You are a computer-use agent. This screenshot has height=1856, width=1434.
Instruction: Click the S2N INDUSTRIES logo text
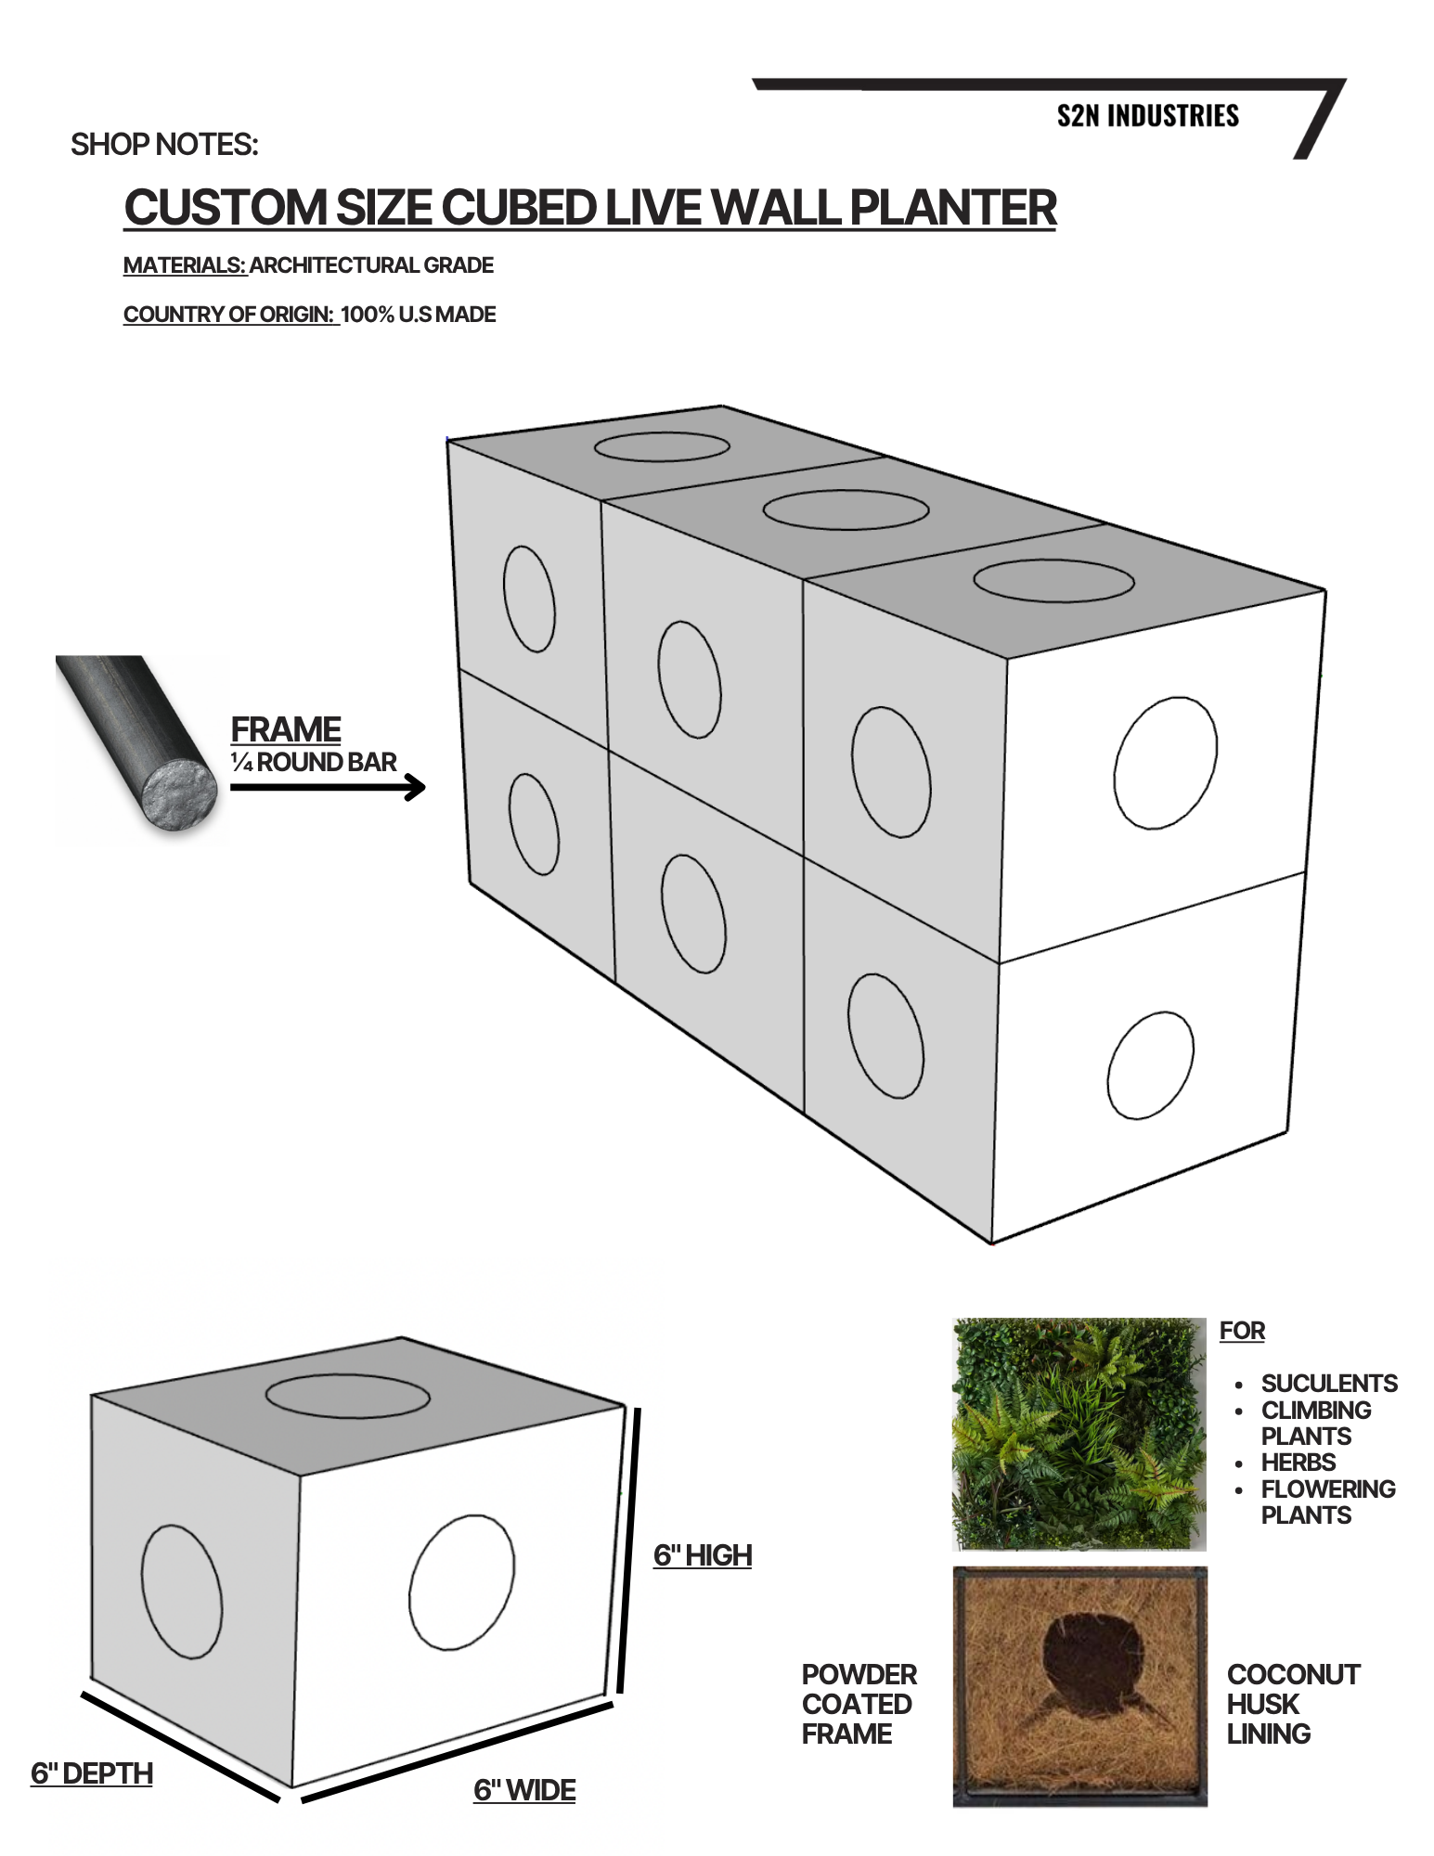pos(1148,116)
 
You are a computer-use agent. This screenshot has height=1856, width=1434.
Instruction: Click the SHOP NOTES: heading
pos(164,145)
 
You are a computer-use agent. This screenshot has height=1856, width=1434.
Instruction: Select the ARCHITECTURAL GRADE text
pos(371,265)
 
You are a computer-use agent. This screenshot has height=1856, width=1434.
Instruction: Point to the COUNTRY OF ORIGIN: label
pos(229,315)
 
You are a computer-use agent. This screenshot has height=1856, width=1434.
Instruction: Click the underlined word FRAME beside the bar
pos(286,729)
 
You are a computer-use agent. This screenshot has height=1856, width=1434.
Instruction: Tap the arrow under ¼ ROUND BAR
pos(328,788)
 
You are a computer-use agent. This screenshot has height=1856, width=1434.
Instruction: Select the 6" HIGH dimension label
pos(703,1555)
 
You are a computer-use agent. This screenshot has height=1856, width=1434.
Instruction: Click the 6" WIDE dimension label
pos(524,1790)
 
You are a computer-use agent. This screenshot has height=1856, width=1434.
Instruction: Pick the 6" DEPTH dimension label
pos(92,1773)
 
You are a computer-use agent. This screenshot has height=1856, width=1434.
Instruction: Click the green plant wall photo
pos(1079,1434)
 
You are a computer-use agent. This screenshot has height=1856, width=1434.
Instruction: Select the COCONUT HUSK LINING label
pos(1294,1704)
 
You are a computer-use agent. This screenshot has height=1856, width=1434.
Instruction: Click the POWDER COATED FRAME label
pos(859,1704)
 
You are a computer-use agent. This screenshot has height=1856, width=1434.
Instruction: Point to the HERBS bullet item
pos(1298,1463)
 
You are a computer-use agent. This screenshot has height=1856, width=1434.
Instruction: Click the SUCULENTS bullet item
pos(1329,1384)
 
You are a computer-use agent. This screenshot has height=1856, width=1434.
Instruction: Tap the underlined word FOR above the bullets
pos(1242,1331)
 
